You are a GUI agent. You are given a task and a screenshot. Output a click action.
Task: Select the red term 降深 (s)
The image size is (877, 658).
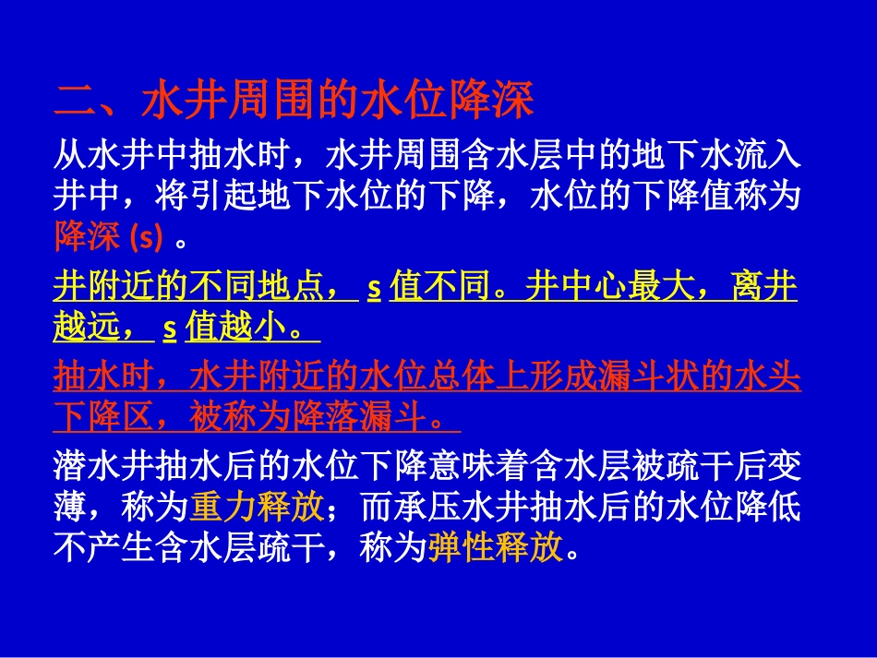pyautogui.click(x=108, y=237)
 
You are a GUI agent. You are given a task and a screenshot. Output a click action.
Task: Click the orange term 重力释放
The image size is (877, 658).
pyautogui.click(x=258, y=506)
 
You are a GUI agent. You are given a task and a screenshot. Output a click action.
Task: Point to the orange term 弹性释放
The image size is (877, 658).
pyautogui.click(x=496, y=549)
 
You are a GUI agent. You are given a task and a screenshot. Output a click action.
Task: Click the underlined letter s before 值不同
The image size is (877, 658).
pyautogui.click(x=374, y=287)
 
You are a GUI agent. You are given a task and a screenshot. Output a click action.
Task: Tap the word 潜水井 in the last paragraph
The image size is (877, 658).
pyautogui.click(x=104, y=463)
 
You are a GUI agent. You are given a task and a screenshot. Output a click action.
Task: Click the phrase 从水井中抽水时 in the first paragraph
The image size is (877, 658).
pyautogui.click(x=172, y=154)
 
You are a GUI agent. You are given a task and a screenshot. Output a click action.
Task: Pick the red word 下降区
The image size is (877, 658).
pyautogui.click(x=104, y=418)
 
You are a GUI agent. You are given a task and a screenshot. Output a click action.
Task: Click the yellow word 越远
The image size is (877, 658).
pyautogui.click(x=88, y=328)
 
